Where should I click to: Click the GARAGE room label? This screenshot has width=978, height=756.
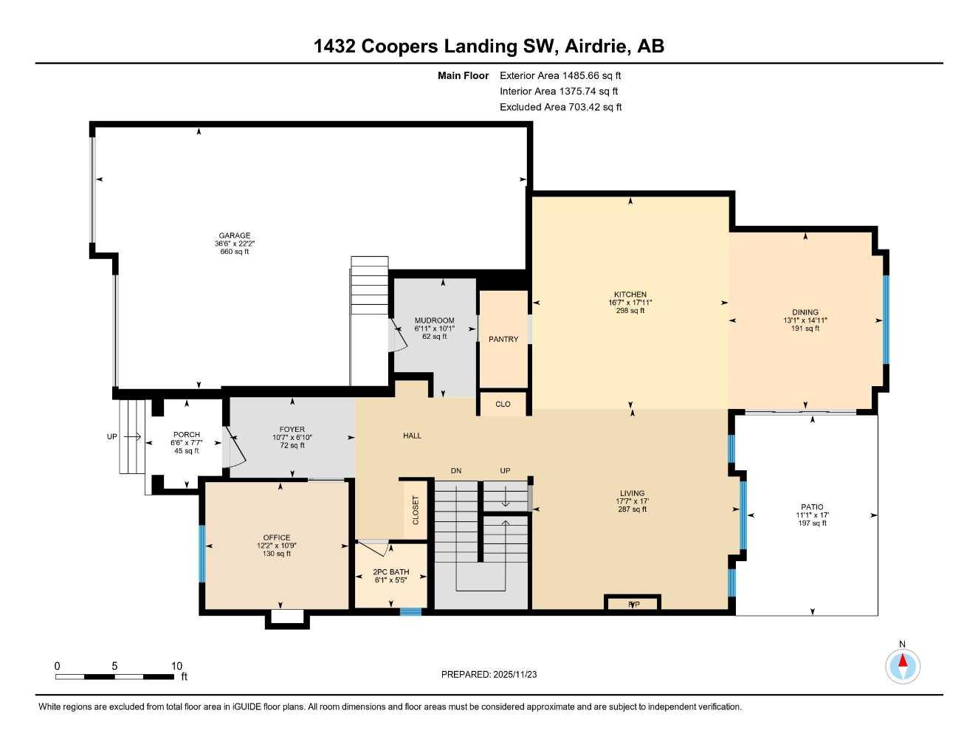point(234,236)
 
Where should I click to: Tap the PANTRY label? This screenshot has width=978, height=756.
point(503,340)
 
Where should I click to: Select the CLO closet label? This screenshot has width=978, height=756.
point(503,404)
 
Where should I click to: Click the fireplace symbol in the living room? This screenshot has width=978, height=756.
point(633,604)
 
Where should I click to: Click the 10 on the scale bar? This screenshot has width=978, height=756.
point(176,666)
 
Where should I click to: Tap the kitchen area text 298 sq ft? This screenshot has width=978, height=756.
point(630,311)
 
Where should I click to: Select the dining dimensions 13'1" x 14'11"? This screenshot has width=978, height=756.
point(805,320)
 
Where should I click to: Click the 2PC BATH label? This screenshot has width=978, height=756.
point(390,572)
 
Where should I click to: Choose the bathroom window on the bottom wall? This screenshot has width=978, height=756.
point(410,611)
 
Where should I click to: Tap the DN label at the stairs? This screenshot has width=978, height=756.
point(457,471)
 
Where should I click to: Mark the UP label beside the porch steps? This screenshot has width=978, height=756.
point(112,436)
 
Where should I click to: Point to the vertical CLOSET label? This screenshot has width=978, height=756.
point(416,510)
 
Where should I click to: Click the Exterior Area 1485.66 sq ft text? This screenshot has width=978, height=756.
point(560,75)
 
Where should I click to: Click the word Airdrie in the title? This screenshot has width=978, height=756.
point(597,47)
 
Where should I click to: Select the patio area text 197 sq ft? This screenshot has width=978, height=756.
point(812,523)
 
